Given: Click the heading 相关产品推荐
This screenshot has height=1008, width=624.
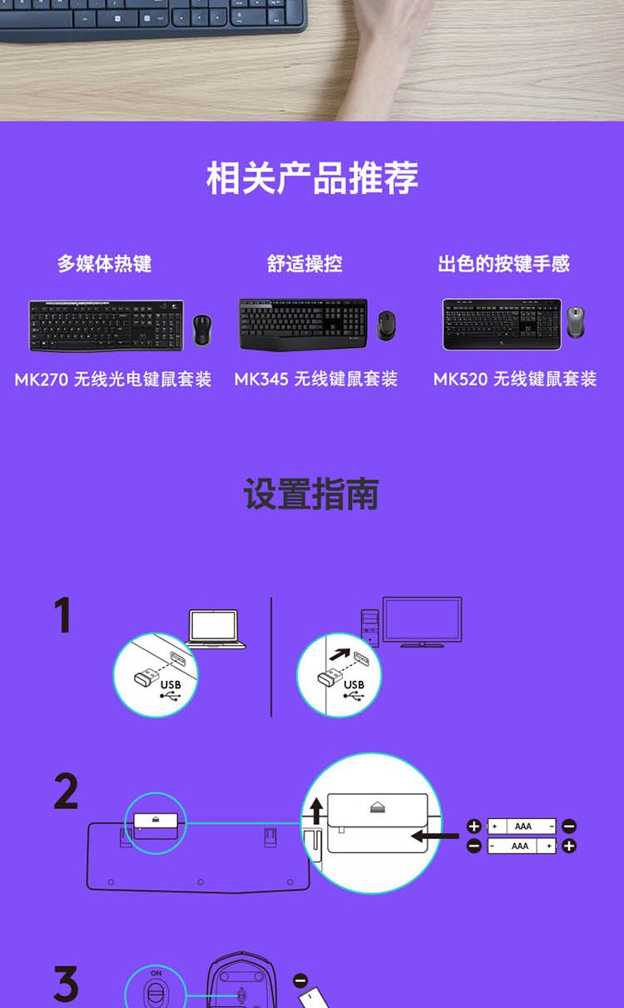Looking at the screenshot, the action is click(312, 178).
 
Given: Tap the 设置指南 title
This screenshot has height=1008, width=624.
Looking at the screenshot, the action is click(311, 494).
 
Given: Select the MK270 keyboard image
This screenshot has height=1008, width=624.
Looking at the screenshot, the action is click(106, 325).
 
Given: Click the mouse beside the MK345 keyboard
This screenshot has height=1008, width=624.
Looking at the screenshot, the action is click(386, 325).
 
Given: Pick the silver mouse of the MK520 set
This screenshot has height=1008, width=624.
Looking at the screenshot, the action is click(576, 322).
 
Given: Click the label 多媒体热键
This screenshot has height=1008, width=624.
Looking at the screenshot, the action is click(104, 264).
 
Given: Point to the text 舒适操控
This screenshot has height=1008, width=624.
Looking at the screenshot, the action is click(305, 264).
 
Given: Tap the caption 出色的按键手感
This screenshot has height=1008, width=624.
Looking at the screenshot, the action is click(504, 264).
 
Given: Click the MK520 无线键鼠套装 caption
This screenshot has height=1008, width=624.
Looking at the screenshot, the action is click(515, 379).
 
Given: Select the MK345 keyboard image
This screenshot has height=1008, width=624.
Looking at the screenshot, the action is click(303, 324).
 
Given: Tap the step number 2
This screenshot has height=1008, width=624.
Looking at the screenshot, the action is click(66, 792).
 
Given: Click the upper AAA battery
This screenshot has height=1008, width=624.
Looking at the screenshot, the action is click(522, 827).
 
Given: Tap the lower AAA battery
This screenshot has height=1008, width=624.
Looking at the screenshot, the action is click(522, 846).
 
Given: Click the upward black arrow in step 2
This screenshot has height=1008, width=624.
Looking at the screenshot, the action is click(317, 811).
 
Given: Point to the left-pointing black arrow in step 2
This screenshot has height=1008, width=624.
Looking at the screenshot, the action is click(435, 836).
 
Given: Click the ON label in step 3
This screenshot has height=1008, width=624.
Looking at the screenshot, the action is click(156, 973).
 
